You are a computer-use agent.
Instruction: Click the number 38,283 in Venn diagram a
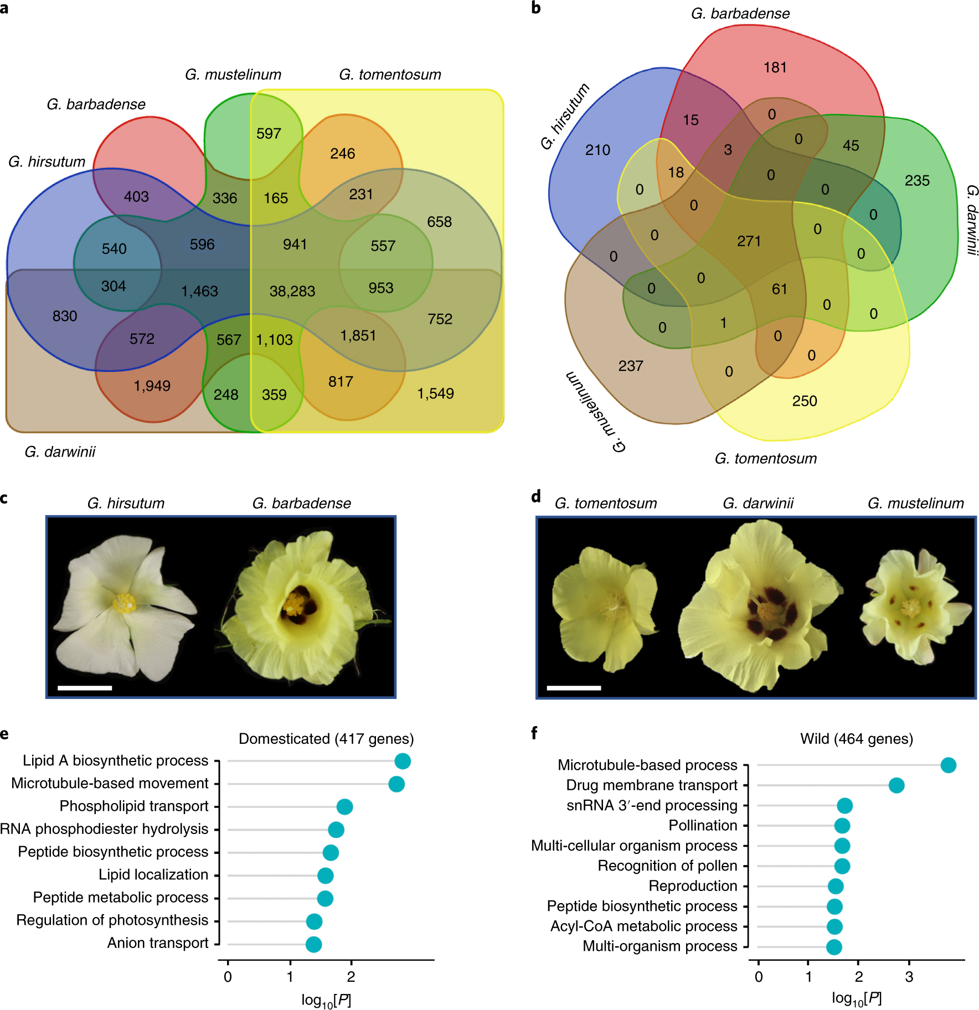pyautogui.click(x=292, y=291)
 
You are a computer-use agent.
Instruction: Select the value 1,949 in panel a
pyautogui.click(x=152, y=386)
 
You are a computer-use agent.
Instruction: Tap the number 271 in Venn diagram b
pyautogui.click(x=749, y=241)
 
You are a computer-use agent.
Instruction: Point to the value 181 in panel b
pyautogui.click(x=775, y=68)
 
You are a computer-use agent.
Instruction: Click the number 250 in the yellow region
pyautogui.click(x=804, y=401)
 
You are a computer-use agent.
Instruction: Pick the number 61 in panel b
pyautogui.click(x=779, y=289)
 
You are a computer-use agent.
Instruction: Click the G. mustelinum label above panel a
pyautogui.click(x=233, y=75)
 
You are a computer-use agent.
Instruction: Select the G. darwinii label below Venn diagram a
pyautogui.click(x=60, y=452)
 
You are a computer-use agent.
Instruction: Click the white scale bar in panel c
pyautogui.click(x=85, y=688)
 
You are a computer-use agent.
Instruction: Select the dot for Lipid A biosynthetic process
pyautogui.click(x=403, y=761)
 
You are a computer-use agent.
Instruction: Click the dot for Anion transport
pyautogui.click(x=313, y=944)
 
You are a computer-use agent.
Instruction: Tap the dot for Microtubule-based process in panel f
pyautogui.click(x=948, y=765)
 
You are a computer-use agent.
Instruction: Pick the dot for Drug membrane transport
pyautogui.click(x=896, y=785)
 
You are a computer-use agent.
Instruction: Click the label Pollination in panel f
pyautogui.click(x=703, y=826)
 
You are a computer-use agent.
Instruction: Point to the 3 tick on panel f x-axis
pyautogui.click(x=909, y=977)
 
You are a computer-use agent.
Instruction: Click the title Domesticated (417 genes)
pyautogui.click(x=326, y=739)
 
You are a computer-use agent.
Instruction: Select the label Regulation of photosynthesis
pyautogui.click(x=112, y=920)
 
